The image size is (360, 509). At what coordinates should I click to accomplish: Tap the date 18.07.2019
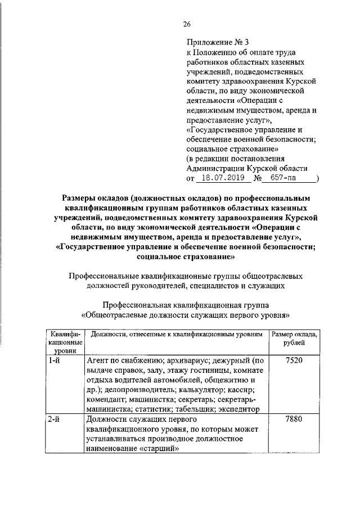(x=221, y=178)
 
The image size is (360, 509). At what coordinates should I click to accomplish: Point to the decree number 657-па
(x=286, y=178)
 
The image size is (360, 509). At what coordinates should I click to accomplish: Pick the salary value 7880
(x=294, y=420)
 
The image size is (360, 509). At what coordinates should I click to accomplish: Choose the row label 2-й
(x=55, y=420)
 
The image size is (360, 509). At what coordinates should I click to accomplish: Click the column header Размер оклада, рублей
(x=294, y=338)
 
